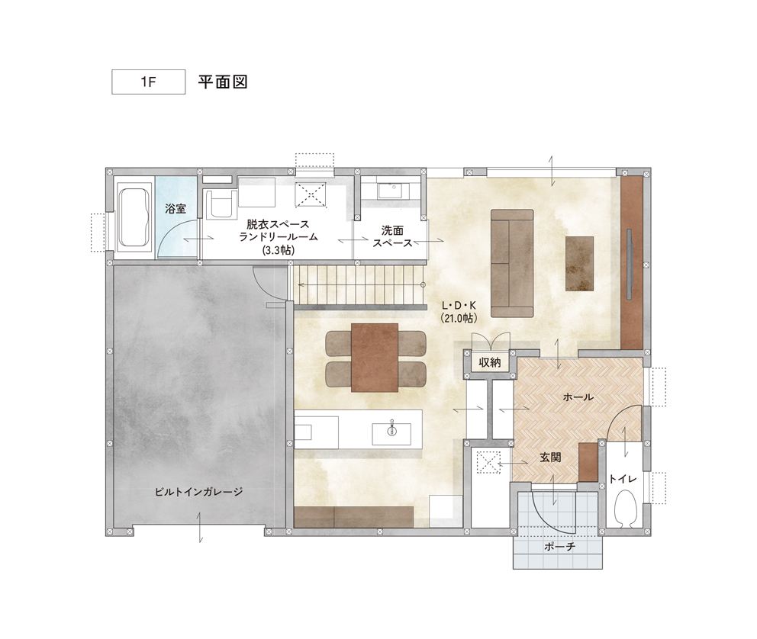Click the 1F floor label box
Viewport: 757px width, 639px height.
tap(148, 82)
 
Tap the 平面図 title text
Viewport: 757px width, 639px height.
tap(223, 82)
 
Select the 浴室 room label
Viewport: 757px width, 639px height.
tap(176, 209)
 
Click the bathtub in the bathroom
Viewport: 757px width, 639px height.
tap(134, 217)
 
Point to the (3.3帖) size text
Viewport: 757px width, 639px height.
tap(279, 250)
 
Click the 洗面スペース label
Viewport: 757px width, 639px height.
tap(392, 236)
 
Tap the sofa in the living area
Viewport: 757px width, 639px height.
tap(512, 263)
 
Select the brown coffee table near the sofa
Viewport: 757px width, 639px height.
tap(579, 263)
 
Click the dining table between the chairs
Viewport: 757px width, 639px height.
tap(375, 358)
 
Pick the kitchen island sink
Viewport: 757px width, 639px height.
tap(391, 434)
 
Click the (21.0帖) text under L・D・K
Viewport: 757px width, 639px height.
tap(459, 318)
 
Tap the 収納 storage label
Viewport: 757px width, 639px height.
tap(490, 363)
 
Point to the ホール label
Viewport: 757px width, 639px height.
tap(578, 397)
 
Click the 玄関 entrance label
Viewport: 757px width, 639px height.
tap(550, 458)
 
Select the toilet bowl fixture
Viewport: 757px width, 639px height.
tap(625, 508)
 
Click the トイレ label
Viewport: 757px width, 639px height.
tap(623, 479)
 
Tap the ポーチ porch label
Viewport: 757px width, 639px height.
tap(559, 547)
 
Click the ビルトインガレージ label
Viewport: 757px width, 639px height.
tap(198, 492)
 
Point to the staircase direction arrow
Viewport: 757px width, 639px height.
tap(361, 285)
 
